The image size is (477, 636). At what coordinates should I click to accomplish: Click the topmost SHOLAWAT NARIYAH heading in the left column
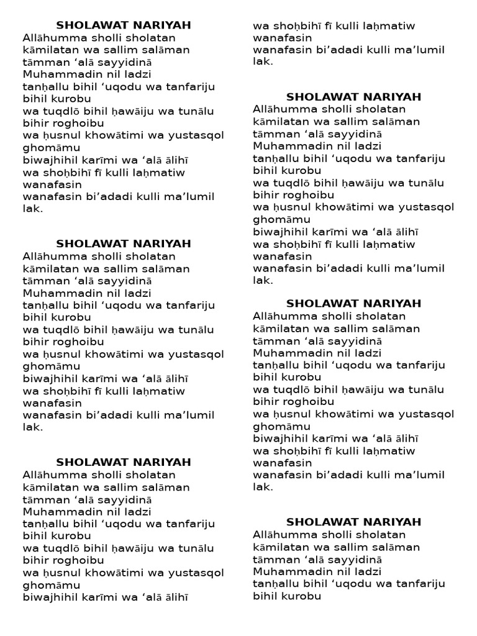pyautogui.click(x=124, y=25)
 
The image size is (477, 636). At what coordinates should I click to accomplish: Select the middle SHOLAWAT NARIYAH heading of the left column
pyautogui.click(x=124, y=243)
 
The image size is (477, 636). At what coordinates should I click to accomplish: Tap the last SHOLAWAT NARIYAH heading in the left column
pyautogui.click(x=124, y=462)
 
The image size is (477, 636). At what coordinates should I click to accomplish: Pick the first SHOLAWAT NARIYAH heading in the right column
pyautogui.click(x=353, y=97)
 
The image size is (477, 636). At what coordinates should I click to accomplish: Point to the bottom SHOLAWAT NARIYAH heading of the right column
pyautogui.click(x=353, y=522)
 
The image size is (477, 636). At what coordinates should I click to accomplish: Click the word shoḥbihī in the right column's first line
pyautogui.click(x=298, y=26)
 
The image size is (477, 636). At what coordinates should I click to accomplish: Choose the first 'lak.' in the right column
pyautogui.click(x=263, y=61)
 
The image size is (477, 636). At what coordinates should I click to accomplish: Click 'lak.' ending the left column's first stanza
pyautogui.click(x=33, y=209)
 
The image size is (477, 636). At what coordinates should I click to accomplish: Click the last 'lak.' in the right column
pyautogui.click(x=263, y=487)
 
